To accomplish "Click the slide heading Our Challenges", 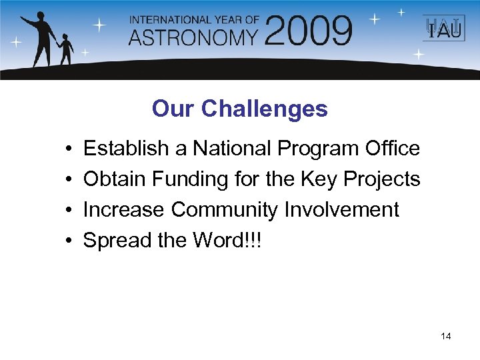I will (x=239, y=109).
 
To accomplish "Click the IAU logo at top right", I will (x=439, y=29).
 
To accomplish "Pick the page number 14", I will (x=446, y=336).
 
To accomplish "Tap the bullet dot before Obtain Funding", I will (x=69, y=179).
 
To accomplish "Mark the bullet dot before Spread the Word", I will (x=69, y=241).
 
